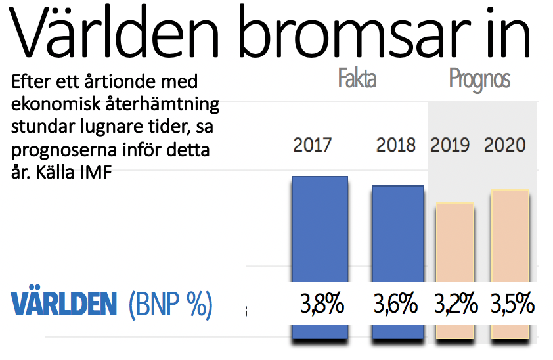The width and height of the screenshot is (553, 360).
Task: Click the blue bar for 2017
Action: point(319,230)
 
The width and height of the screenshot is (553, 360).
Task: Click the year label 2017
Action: point(313,145)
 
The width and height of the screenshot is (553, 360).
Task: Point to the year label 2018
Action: point(396,145)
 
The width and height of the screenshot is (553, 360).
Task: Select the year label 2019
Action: point(450,145)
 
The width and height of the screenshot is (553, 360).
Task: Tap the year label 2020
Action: point(505,145)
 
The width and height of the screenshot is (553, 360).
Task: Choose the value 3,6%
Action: point(396,305)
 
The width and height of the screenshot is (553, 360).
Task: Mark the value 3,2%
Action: point(455,305)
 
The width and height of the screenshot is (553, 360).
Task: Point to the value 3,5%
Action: point(512,305)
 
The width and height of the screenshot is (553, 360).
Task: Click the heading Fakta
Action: point(357,79)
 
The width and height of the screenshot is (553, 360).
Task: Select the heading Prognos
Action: point(480,79)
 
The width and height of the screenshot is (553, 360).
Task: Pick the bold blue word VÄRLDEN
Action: point(64,305)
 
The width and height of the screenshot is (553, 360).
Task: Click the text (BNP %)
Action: point(170,305)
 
